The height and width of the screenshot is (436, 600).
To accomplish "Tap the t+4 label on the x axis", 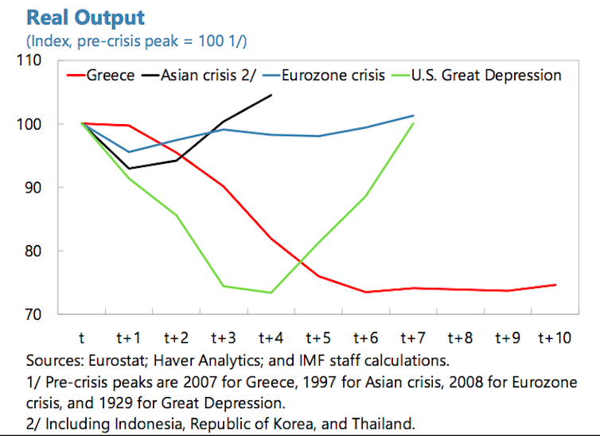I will [x=271, y=338].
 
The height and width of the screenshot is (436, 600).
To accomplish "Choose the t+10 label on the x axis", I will [x=554, y=338].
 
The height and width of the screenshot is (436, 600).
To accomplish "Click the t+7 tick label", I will [x=413, y=338].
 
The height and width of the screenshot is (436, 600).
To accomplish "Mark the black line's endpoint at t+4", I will [x=271, y=95].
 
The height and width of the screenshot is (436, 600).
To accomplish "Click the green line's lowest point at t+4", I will [x=271, y=293].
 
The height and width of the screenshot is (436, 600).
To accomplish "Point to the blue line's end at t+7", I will [x=414, y=115].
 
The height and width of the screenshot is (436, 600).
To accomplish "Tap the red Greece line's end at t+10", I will [x=555, y=284].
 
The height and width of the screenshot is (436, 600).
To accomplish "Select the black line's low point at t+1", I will [x=129, y=169].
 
